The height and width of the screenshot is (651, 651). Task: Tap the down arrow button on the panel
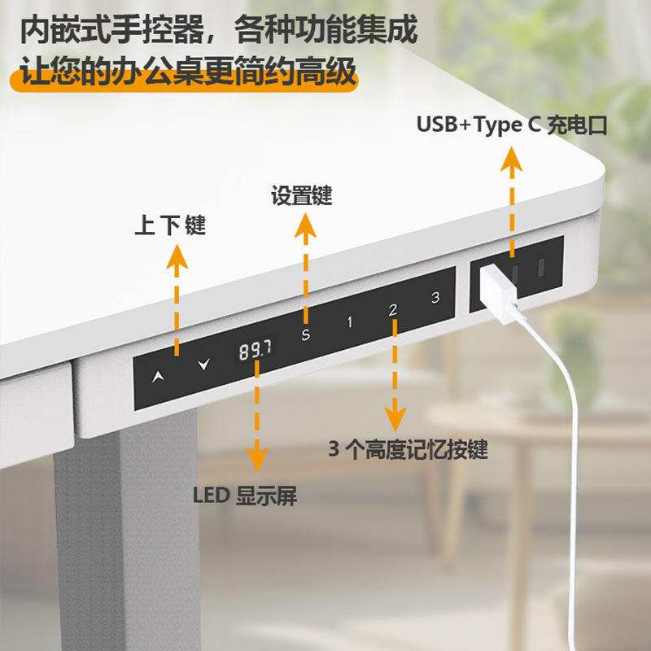(x=203, y=364)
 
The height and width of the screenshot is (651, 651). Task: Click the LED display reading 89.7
(x=256, y=350)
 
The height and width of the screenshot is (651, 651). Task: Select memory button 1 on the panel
(x=350, y=321)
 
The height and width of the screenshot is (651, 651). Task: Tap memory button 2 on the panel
(x=392, y=309)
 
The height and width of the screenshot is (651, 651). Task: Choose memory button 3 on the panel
(x=435, y=297)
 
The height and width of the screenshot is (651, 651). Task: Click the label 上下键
(x=170, y=225)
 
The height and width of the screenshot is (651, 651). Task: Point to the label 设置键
(x=301, y=196)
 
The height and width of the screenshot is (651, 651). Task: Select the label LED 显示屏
(x=245, y=496)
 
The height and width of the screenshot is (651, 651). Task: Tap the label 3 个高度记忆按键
(x=408, y=449)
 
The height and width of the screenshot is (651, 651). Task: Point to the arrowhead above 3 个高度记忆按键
(x=396, y=419)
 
